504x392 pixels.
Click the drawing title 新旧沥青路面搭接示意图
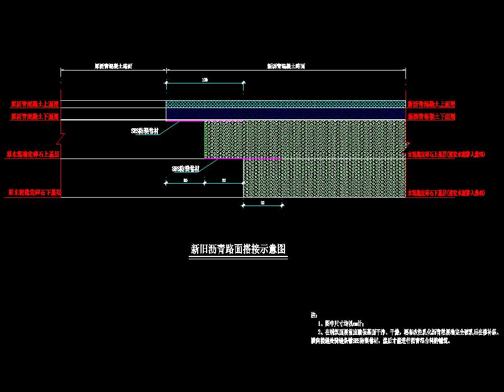coord(239,249)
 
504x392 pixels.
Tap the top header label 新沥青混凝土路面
coord(286,66)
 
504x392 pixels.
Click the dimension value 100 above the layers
coord(204,81)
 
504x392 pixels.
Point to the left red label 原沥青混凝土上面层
coord(34,104)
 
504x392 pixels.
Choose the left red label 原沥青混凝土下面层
coord(34,116)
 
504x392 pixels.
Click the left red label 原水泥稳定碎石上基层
coord(33,153)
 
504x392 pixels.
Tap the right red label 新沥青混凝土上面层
coord(431,104)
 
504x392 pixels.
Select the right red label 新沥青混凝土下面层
coord(431,116)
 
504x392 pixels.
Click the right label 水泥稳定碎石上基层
coord(446,153)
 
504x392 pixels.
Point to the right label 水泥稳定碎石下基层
coord(446,193)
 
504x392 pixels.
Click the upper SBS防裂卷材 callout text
coord(144,130)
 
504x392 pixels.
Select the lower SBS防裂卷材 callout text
coord(185,168)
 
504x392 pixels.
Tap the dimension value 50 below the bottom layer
coord(262,203)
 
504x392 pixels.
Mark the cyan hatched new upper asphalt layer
coord(286,104)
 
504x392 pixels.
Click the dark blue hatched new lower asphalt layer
coord(286,114)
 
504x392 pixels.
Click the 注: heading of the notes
coord(314,315)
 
